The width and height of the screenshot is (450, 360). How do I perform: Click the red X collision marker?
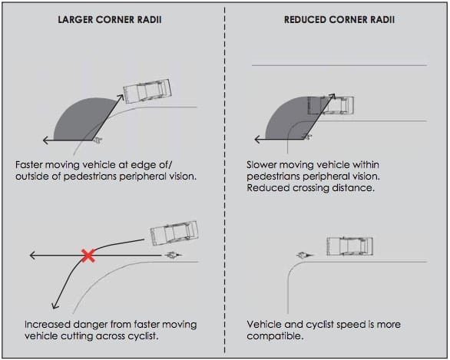coord(88,256)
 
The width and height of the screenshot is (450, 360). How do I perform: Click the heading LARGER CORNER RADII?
coord(110,20)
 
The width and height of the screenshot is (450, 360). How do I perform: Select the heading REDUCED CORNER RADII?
coord(339,20)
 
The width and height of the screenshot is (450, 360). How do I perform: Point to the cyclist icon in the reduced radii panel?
coord(305,255)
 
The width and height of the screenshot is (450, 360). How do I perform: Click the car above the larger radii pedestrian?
coord(147,91)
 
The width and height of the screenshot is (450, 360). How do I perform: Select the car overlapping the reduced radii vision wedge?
coord(331,106)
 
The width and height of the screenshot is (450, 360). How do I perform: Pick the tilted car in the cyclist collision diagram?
coord(174,233)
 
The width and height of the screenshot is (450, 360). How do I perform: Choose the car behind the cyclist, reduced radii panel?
coord(349,246)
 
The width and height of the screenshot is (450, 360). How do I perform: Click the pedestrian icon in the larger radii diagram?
coord(98,140)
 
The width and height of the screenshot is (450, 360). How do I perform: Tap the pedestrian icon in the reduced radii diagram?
coord(308,137)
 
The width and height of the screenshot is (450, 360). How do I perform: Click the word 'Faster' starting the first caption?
coord(29,165)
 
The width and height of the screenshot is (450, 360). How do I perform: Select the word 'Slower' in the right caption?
coord(261,165)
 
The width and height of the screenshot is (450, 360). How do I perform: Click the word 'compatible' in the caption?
coord(274,336)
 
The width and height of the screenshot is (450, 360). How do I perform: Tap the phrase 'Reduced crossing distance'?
coord(311,188)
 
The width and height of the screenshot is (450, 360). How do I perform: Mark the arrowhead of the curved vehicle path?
coord(55,306)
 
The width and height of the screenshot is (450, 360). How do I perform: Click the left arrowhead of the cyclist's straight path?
coord(32,255)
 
